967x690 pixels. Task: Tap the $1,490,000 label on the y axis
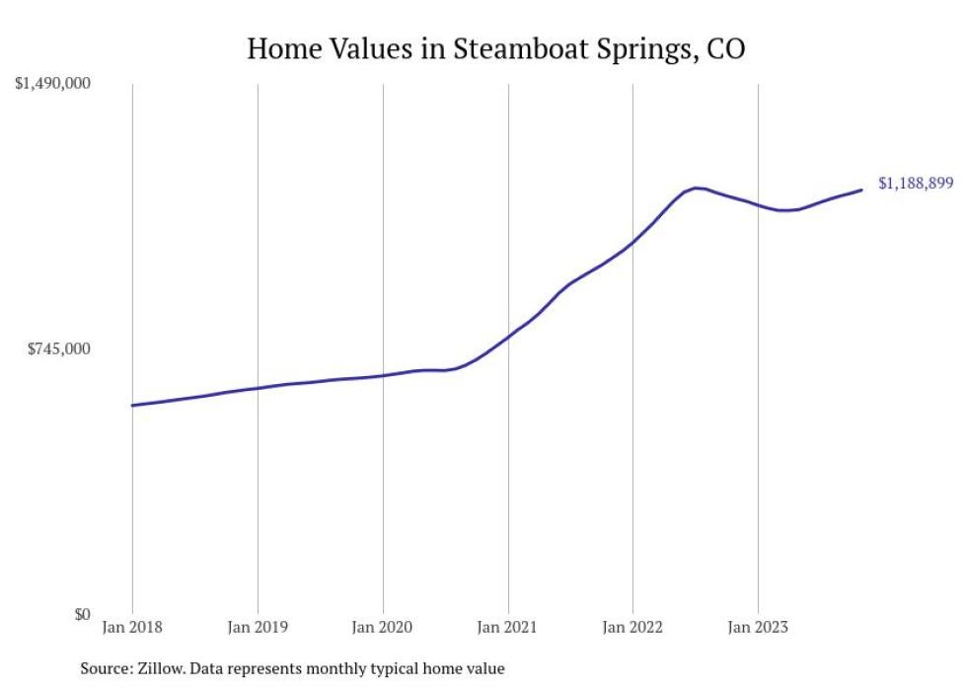pyautogui.click(x=52, y=84)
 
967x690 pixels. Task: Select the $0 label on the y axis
pyautogui.click(x=81, y=614)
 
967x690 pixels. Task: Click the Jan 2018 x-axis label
pyautogui.click(x=132, y=626)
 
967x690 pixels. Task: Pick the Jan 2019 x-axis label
pyautogui.click(x=258, y=626)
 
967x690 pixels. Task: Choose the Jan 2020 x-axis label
pyautogui.click(x=383, y=626)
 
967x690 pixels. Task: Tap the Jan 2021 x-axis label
pyautogui.click(x=508, y=626)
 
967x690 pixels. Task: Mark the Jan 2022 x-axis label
pyautogui.click(x=632, y=626)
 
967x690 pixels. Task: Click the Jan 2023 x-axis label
pyautogui.click(x=758, y=626)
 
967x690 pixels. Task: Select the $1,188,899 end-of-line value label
pyautogui.click(x=915, y=184)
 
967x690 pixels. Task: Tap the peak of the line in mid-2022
pyautogui.click(x=697, y=188)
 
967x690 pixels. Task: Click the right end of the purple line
pyautogui.click(x=862, y=190)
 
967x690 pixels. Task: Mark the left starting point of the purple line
pyautogui.click(x=132, y=405)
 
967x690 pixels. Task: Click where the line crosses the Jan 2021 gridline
pyautogui.click(x=508, y=336)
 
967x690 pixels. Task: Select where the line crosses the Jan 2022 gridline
pyautogui.click(x=632, y=241)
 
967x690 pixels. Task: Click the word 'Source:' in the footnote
pyautogui.click(x=106, y=669)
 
